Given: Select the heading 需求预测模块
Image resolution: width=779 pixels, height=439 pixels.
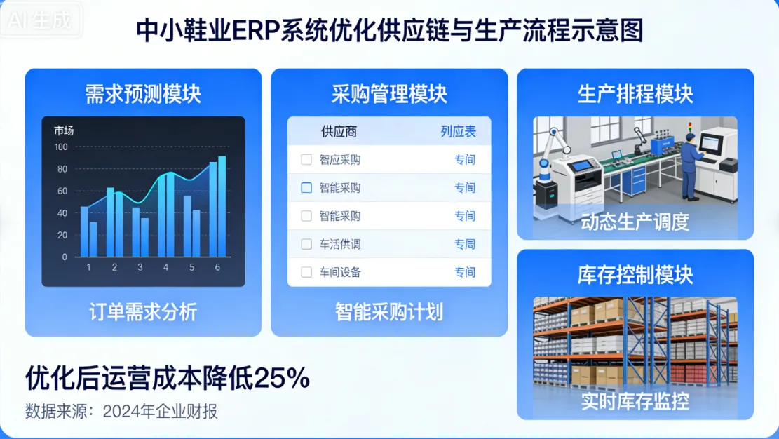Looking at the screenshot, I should (143, 94).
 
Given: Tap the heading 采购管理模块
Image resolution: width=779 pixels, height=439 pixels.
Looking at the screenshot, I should (389, 94).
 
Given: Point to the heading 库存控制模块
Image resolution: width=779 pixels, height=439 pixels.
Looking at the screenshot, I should (635, 274).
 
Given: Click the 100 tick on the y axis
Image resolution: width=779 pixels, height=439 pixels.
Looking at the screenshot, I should (61, 147).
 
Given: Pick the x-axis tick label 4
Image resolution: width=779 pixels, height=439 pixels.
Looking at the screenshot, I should (165, 267).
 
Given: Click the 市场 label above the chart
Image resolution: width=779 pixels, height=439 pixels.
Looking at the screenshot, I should (64, 130).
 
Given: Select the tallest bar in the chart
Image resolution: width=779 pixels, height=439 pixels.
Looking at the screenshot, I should (222, 206).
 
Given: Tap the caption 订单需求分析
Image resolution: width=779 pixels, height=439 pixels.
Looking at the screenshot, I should (143, 311).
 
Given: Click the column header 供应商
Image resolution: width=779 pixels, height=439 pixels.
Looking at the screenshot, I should (339, 131).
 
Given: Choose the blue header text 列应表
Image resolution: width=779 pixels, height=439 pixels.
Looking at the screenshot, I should (458, 131).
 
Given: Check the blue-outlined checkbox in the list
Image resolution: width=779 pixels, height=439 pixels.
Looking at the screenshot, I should (306, 188).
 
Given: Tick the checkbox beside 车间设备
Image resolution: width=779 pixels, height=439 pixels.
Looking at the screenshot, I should (306, 272).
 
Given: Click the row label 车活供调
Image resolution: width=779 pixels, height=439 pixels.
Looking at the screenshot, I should (340, 244).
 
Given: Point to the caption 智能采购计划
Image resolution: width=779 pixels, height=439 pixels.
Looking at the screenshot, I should (389, 311).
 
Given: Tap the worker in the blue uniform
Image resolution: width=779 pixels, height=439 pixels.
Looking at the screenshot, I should (689, 167).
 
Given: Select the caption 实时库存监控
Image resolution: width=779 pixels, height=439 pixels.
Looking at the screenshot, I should (635, 401).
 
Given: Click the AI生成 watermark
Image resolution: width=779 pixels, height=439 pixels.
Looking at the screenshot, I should (41, 20).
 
